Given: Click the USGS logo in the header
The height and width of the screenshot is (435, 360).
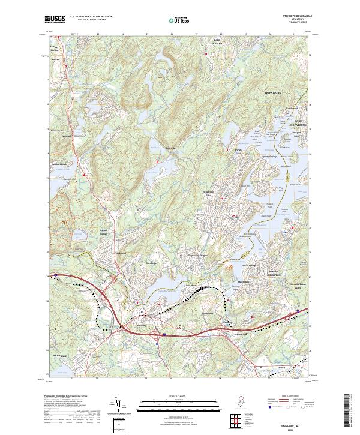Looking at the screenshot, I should [x=55, y=19].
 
